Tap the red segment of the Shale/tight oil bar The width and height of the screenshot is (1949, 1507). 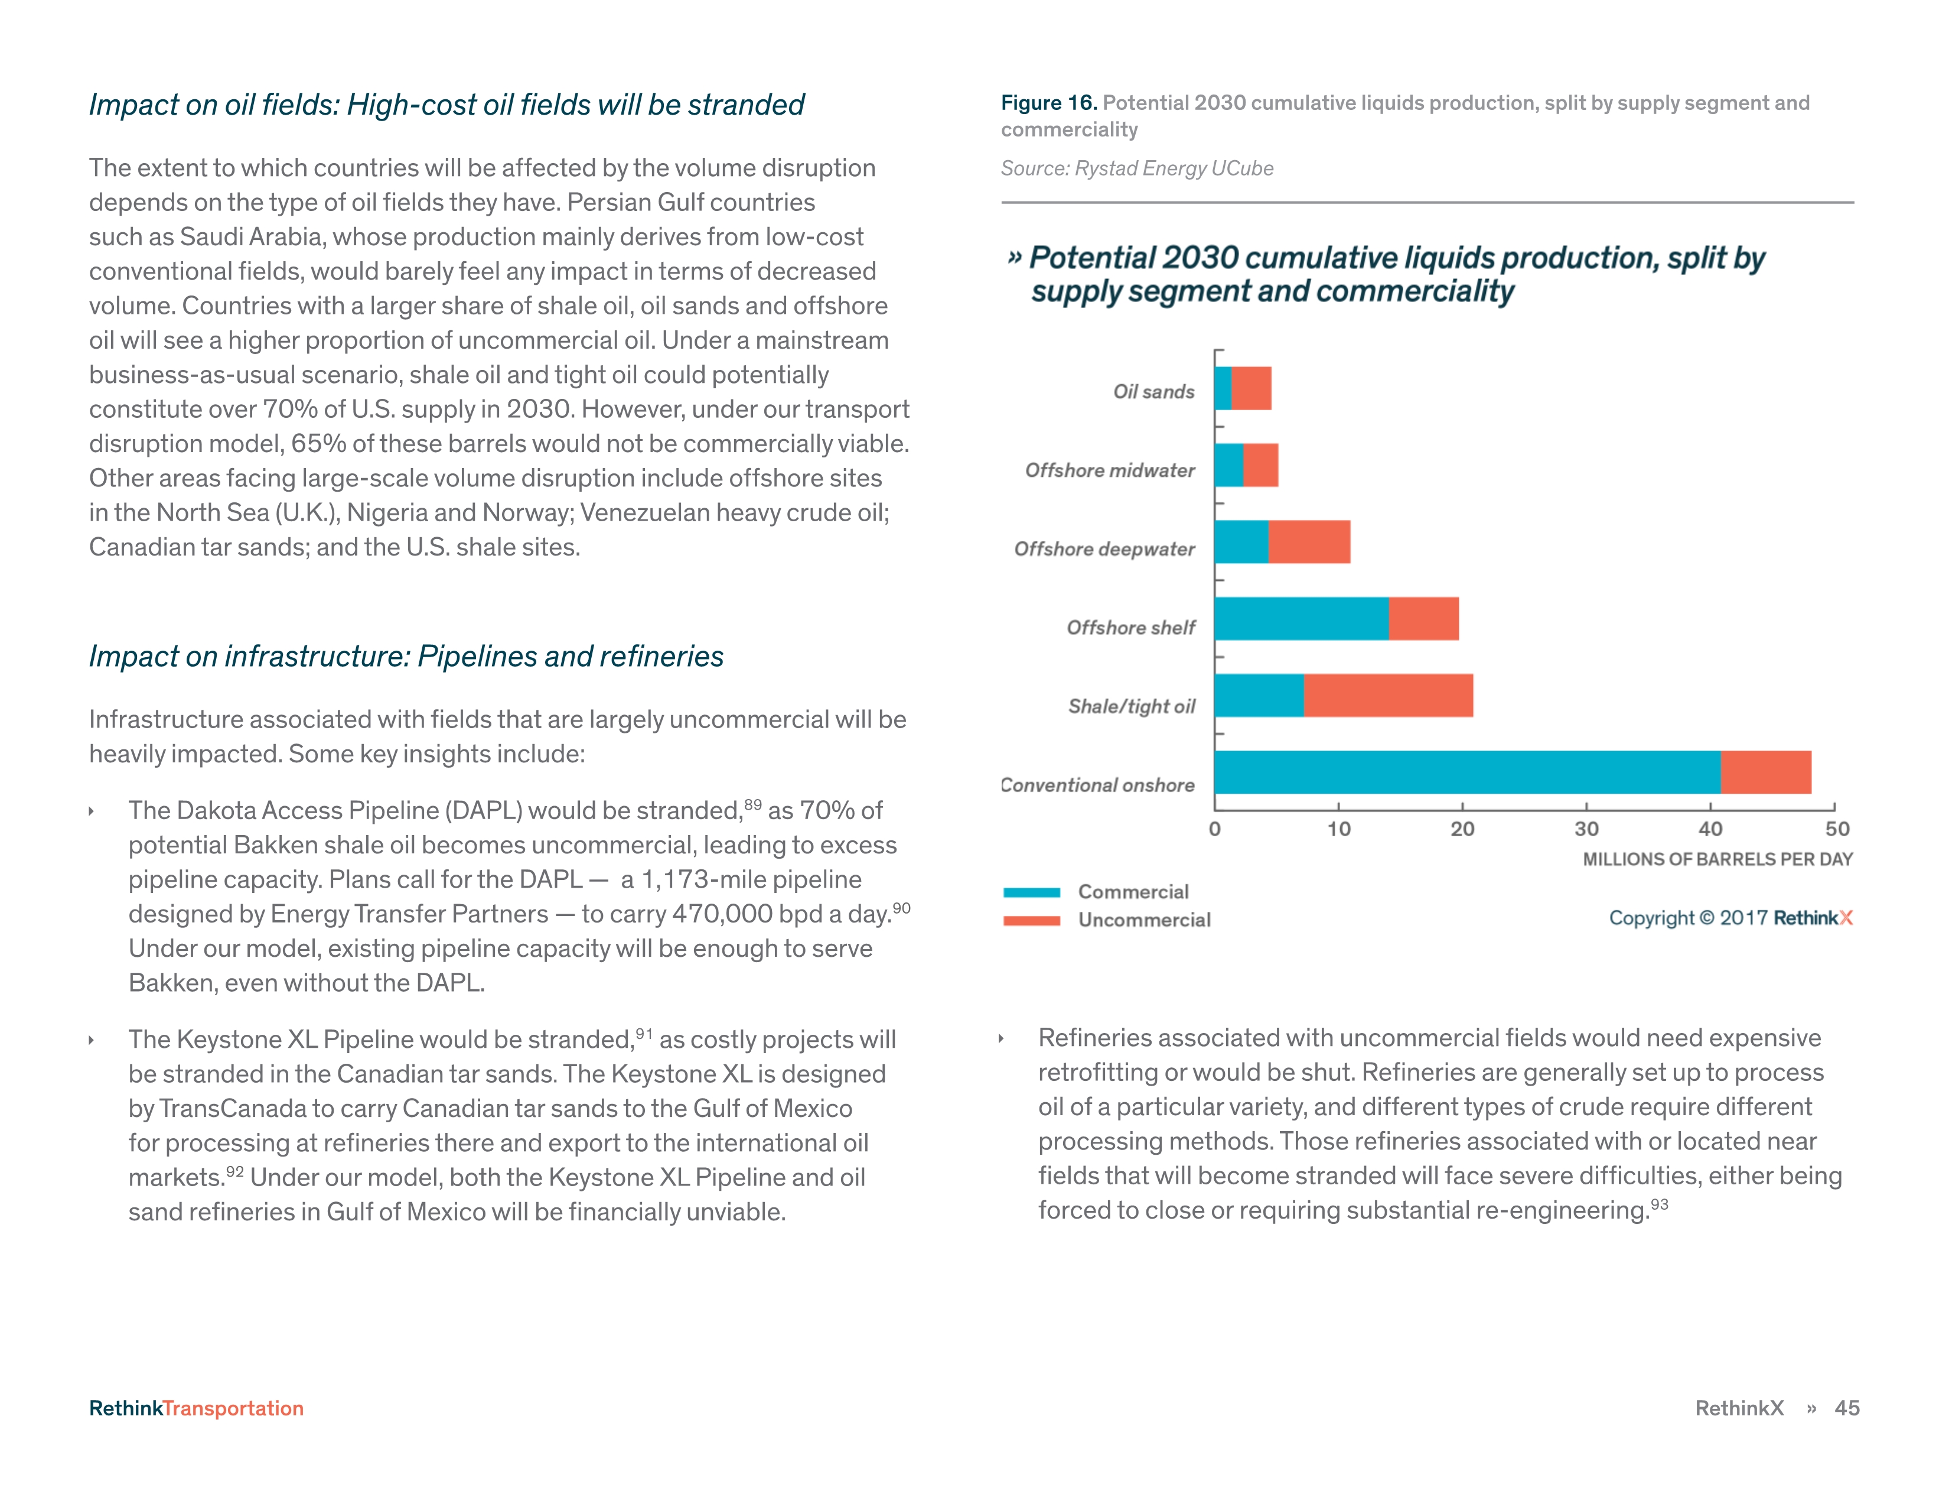click(1388, 696)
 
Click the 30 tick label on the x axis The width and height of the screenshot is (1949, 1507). click(1586, 829)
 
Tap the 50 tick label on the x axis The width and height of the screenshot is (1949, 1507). click(1837, 829)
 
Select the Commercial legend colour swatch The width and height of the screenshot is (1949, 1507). click(1032, 892)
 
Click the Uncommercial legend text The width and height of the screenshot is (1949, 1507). click(1144, 920)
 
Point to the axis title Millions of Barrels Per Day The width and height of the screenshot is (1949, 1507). click(1717, 859)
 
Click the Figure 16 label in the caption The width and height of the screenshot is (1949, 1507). click(1048, 103)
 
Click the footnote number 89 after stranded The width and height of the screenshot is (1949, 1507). click(753, 804)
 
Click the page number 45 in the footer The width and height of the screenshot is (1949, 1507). click(1846, 1408)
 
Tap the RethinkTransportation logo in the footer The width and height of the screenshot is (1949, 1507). click(196, 1408)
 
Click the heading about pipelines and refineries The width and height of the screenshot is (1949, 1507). click(406, 656)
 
